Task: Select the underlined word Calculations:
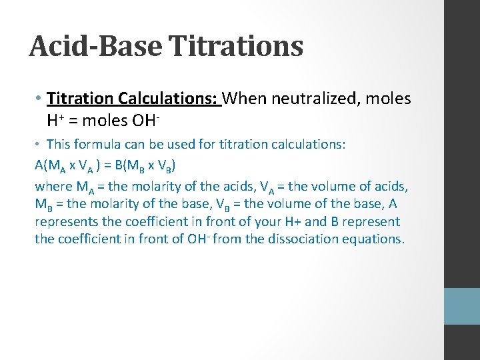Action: click(169, 99)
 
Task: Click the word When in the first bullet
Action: click(245, 99)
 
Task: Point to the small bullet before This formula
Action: click(39, 144)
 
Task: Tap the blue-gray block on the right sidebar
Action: click(462, 306)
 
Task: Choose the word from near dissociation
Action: click(250, 239)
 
